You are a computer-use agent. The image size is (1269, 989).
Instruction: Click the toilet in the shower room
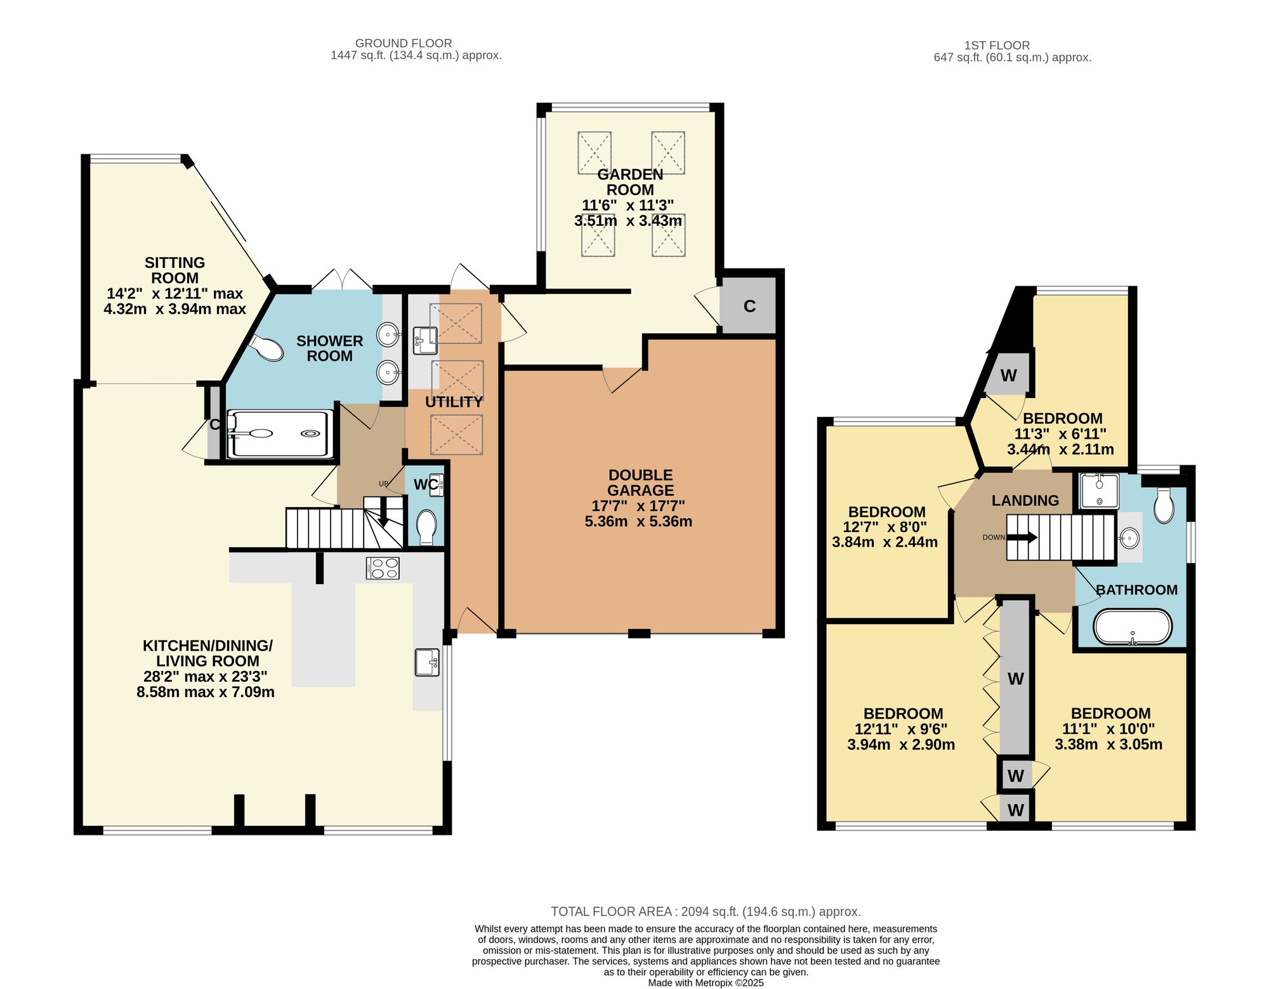coord(268,347)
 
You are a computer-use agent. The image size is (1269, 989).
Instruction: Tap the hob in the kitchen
coord(383,568)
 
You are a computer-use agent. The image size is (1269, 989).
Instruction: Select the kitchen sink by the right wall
coord(428,663)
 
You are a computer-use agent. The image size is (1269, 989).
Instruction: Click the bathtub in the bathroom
coord(1133,627)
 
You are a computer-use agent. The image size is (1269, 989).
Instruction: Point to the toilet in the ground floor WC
coord(426,527)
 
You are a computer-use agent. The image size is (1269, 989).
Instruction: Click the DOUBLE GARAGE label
coord(640,482)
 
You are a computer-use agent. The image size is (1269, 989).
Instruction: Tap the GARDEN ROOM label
coord(630,182)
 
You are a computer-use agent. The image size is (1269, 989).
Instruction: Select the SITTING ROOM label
coord(174,270)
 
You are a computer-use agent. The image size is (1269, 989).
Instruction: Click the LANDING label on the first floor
coord(1025,500)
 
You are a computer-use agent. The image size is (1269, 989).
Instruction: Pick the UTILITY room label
coord(454,402)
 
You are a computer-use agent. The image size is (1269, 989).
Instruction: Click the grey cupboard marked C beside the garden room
coord(749,306)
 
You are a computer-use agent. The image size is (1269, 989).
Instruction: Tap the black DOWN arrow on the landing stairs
coord(1022,537)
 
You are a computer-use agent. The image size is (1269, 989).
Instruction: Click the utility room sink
coord(425,340)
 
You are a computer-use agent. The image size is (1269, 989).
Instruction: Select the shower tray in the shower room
coord(280,434)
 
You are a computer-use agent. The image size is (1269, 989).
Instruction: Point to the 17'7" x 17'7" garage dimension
coord(638,506)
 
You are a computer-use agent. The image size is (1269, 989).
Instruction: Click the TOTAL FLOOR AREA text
coord(706,912)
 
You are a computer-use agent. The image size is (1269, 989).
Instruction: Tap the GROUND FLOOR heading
coord(404,43)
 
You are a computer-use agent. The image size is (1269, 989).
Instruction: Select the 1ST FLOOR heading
coord(997,45)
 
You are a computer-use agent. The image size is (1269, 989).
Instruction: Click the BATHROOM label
coord(1136,590)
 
